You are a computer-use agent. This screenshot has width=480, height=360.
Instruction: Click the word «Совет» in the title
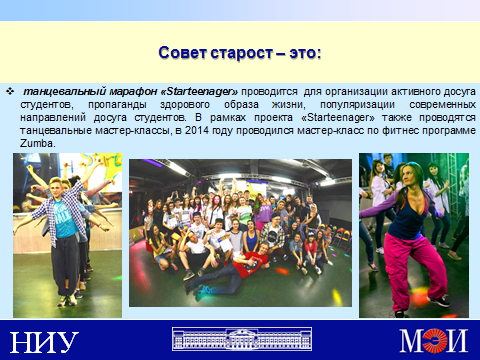pyautogui.click(x=182, y=53)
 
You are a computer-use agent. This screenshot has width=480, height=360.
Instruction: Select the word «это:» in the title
pyautogui.click(x=305, y=53)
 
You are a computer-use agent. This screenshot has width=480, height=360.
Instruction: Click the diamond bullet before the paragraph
pyautogui.click(x=10, y=91)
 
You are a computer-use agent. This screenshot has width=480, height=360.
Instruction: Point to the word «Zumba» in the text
pyautogui.click(x=36, y=144)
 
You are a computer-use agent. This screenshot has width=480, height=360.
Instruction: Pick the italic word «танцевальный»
pyautogui.click(x=65, y=92)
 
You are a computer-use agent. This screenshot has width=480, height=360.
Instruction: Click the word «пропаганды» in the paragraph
pyautogui.click(x=117, y=105)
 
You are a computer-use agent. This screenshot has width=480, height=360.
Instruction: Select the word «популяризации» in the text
pyautogui.click(x=357, y=105)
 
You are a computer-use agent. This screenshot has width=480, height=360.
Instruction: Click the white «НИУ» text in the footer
pyautogui.click(x=44, y=342)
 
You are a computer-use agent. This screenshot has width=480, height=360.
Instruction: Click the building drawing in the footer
pyautogui.click(x=242, y=339)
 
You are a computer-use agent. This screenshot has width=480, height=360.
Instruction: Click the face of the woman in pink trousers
pyautogui.click(x=410, y=176)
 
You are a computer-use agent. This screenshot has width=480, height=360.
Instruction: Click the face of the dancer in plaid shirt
pyautogui.click(x=57, y=188)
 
